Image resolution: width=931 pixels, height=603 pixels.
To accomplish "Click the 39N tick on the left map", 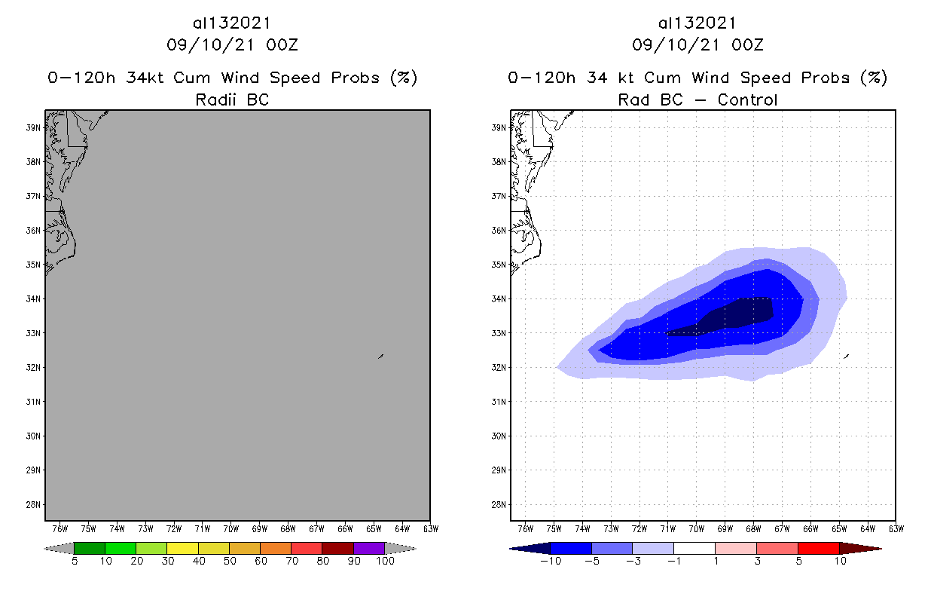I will click(35, 127).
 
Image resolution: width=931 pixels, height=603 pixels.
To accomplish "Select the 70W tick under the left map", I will click(231, 528).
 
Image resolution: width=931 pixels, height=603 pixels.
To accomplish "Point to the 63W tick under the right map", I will click(896, 528).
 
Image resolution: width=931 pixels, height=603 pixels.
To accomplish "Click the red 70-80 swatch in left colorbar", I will click(307, 548).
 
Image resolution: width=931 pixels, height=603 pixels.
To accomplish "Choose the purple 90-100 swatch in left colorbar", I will click(369, 548).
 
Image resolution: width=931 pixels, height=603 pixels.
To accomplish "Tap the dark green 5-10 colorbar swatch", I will click(90, 548).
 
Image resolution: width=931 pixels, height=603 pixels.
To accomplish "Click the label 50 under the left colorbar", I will click(230, 561).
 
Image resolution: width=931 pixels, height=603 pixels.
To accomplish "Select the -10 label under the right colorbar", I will click(551, 561).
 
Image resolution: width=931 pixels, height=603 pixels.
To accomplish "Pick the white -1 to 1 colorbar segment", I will click(694, 548).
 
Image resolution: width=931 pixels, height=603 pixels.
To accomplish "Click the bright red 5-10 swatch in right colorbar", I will click(818, 548).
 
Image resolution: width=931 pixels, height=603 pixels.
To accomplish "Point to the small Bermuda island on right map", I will click(847, 356).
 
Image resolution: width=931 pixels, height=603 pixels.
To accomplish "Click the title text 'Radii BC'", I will click(232, 99).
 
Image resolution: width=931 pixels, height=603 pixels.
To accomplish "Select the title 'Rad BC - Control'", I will click(697, 99).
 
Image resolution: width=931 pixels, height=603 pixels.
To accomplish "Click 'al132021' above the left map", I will click(232, 23).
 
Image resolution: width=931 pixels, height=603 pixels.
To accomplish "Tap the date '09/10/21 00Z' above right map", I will click(697, 45).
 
